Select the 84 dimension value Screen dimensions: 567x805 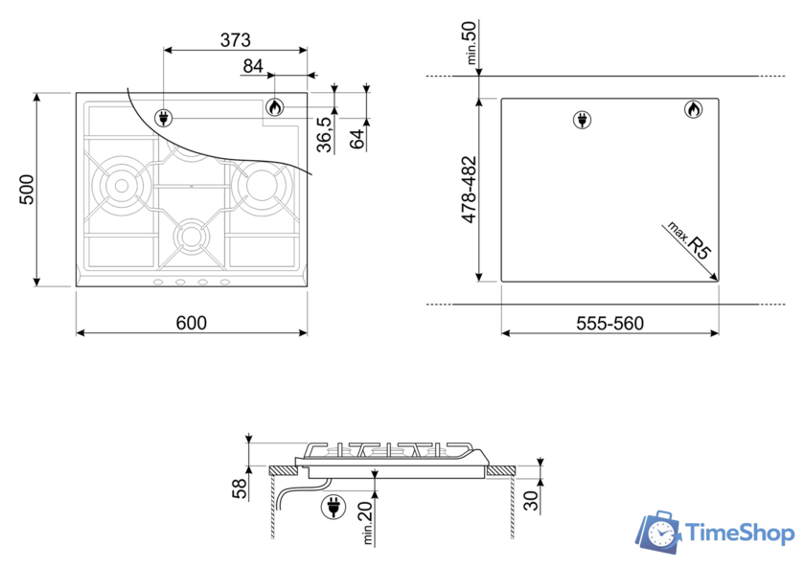click(x=253, y=66)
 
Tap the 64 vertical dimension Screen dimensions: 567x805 click(x=356, y=137)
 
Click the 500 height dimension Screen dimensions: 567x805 click(x=27, y=189)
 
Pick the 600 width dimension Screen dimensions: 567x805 click(x=191, y=323)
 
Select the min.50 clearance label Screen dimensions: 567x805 click(x=471, y=42)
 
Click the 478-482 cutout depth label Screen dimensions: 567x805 click(x=470, y=190)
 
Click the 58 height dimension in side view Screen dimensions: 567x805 click(x=240, y=488)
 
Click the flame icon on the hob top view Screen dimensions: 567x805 click(x=275, y=108)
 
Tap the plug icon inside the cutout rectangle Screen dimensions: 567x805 click(x=582, y=120)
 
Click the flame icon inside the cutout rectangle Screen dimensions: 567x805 click(x=691, y=110)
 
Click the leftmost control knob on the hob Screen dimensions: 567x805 click(x=158, y=282)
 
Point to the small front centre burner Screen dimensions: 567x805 click(x=191, y=236)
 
